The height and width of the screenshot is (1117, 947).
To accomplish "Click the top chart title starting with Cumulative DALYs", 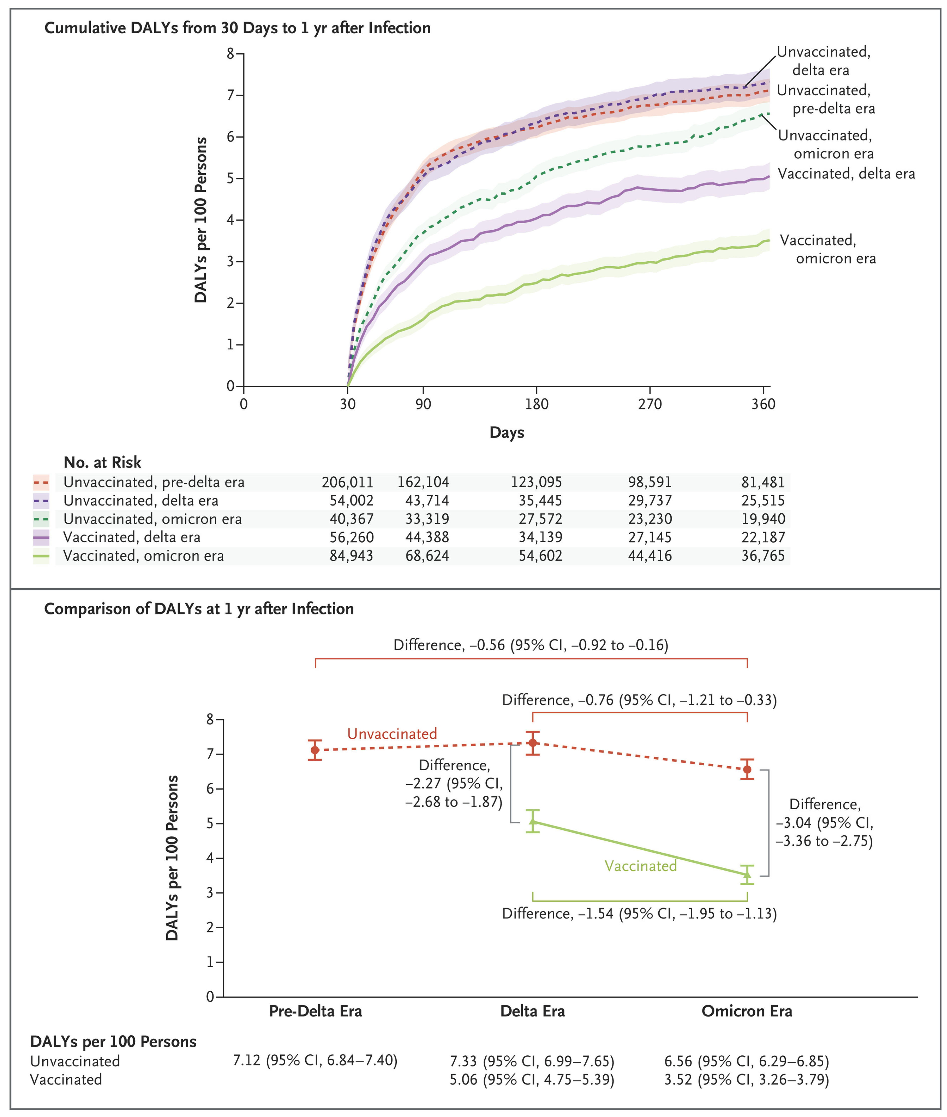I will point(237,28).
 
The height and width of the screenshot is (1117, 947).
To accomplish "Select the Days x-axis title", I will point(506,432).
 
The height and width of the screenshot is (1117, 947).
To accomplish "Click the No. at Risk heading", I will point(102,462).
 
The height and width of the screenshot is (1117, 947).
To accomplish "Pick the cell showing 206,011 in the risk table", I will point(347,482).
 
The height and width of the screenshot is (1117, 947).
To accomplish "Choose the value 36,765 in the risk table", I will point(763,556).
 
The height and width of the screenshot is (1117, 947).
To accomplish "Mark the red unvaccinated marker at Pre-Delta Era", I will point(315,750).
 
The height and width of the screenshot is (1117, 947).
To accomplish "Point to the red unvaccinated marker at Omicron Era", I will point(747,769).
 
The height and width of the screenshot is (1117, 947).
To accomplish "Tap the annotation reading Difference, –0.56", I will point(530,645).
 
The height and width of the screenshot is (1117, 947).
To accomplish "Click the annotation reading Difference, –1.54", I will point(639,914).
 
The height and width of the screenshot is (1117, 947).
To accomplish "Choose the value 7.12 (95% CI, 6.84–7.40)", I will point(315,1061).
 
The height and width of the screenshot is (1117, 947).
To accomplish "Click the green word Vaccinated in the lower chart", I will point(640,866).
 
